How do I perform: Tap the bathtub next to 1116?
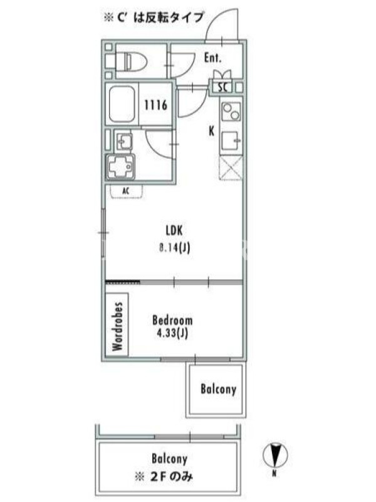(122, 104)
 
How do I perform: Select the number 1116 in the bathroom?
(155, 105)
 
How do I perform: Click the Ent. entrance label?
(212, 58)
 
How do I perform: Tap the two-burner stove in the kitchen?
(231, 112)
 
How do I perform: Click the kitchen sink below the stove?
(231, 141)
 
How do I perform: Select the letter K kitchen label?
(211, 131)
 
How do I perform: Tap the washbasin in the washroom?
(123, 141)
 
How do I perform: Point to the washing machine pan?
(120, 166)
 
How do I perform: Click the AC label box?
(127, 191)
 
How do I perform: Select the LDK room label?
(174, 230)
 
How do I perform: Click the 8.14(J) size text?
(175, 247)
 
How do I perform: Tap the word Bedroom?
(172, 321)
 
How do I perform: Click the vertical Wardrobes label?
(117, 326)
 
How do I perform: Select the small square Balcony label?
(218, 389)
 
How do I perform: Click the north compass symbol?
(275, 454)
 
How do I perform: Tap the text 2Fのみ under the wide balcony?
(171, 478)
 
